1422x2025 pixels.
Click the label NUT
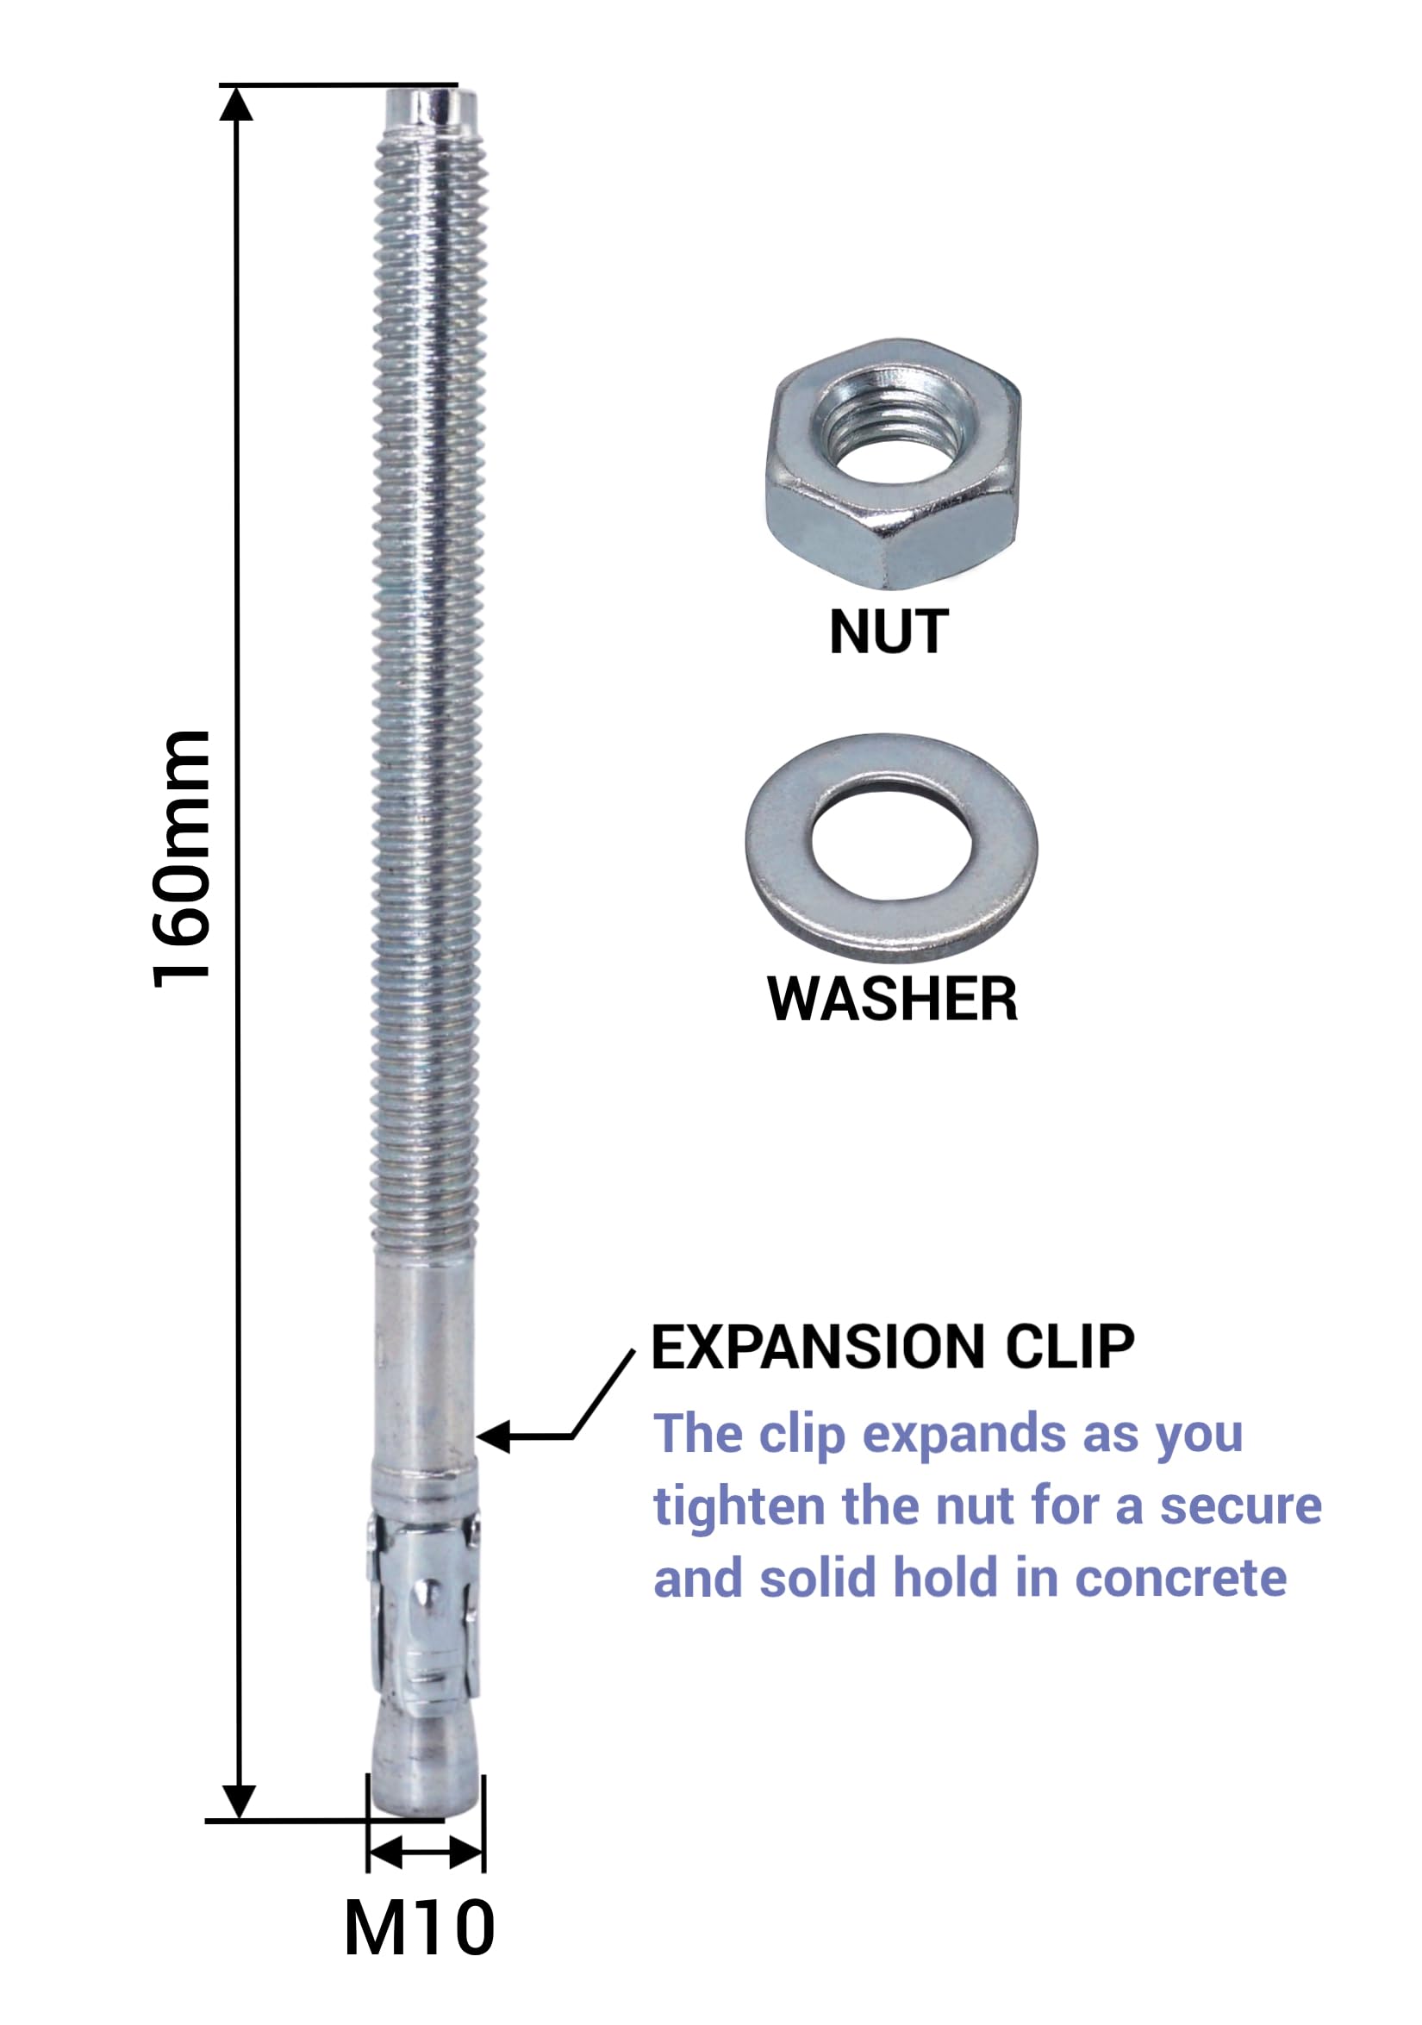click(x=889, y=632)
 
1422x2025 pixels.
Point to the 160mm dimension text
click(x=182, y=859)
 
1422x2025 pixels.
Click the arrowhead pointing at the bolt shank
click(x=493, y=1436)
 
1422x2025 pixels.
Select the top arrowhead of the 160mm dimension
click(x=235, y=103)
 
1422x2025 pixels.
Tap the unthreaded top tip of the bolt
click(x=431, y=112)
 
